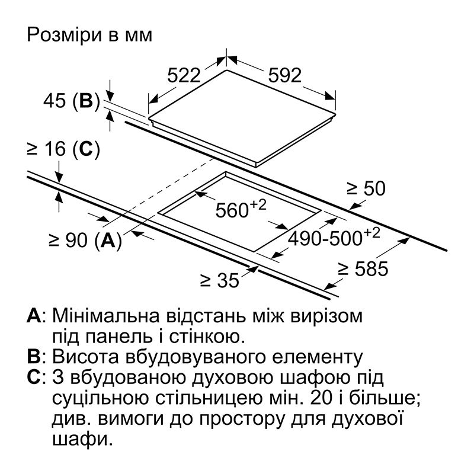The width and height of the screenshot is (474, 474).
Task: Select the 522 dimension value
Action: coord(184,75)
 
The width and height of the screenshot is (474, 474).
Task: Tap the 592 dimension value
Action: coord(285,75)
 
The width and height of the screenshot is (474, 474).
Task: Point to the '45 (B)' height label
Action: coord(71,101)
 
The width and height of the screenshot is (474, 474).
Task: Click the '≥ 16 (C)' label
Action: coord(63,149)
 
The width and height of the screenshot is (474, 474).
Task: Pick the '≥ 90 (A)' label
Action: coord(85,241)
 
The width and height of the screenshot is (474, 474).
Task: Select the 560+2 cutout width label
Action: coord(241,208)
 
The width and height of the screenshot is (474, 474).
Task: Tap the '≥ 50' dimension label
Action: coord(366,188)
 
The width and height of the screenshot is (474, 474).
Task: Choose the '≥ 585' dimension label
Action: coord(363,269)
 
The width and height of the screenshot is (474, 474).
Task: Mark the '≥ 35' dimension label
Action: coord(220,280)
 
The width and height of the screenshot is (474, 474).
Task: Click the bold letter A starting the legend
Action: coord(34,316)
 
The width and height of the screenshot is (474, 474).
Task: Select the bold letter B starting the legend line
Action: coord(33,357)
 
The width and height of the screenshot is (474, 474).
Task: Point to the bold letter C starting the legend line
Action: coord(34,377)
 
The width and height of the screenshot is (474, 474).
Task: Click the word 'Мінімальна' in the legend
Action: coord(106,316)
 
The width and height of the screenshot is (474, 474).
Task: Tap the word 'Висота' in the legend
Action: coord(85,357)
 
